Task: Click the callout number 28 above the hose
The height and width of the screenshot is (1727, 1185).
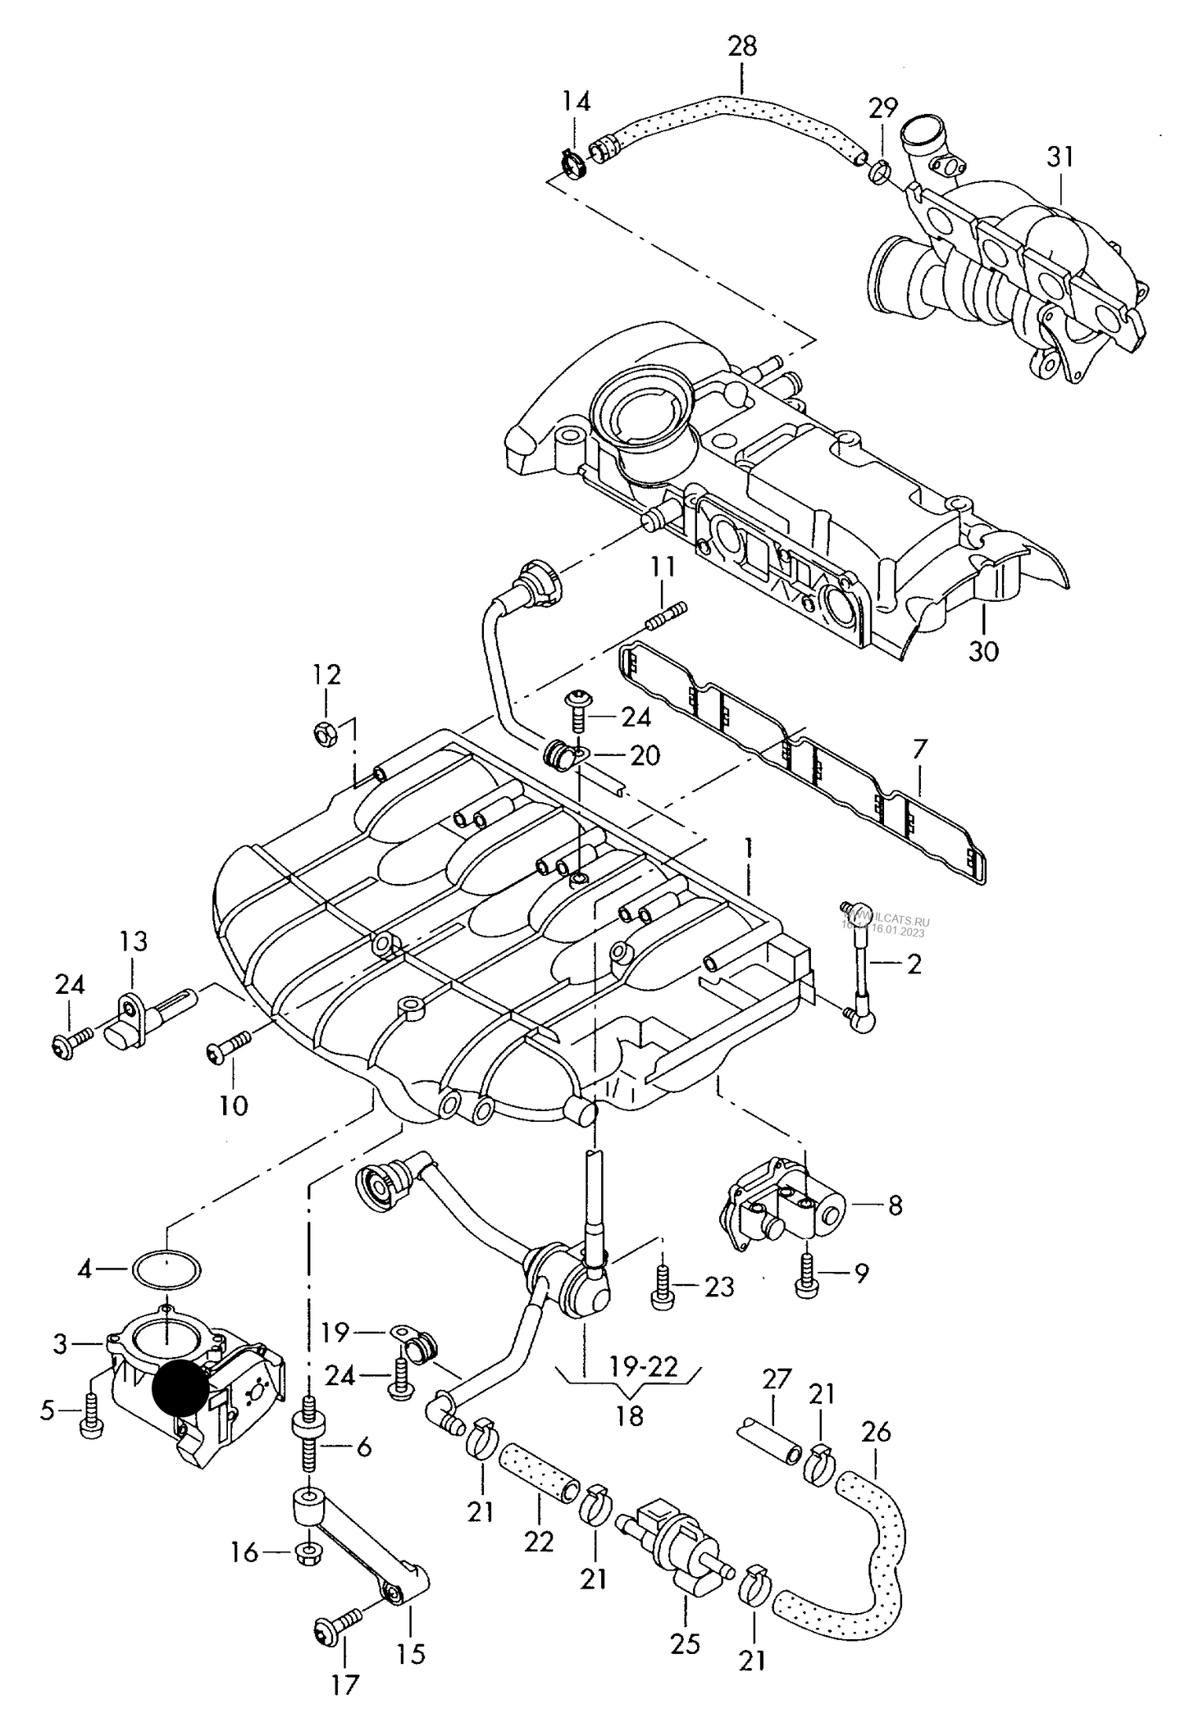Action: [742, 47]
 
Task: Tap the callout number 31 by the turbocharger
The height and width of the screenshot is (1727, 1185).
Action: [1060, 156]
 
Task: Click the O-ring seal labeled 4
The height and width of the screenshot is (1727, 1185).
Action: [167, 1270]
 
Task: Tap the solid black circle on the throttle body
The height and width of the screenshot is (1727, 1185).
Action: [180, 1389]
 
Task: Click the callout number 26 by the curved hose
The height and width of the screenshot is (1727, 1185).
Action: [875, 1432]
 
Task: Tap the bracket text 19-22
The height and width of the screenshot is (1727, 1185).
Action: [644, 1365]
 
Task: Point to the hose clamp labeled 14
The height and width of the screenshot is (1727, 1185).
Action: [576, 162]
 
